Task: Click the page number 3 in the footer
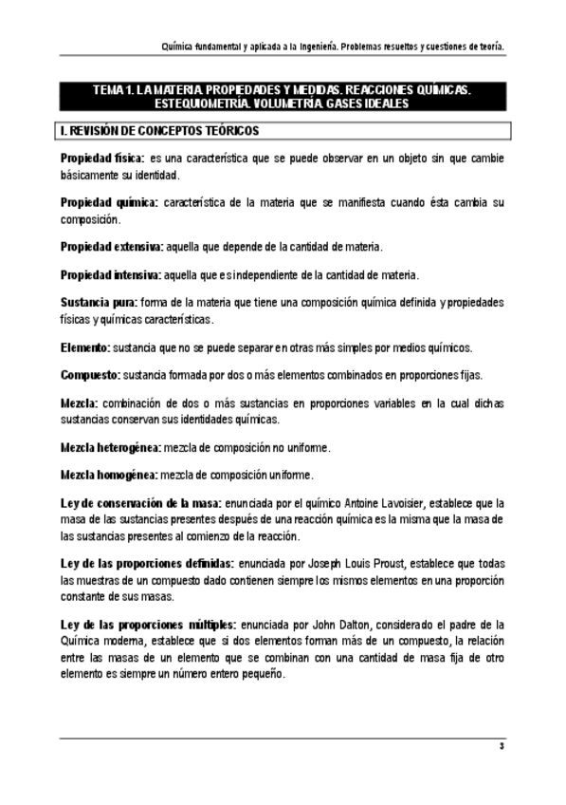click(501, 747)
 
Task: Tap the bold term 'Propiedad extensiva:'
click(112, 247)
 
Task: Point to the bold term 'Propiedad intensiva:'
click(111, 275)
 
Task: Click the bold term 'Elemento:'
click(84, 347)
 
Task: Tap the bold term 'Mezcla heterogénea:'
click(111, 447)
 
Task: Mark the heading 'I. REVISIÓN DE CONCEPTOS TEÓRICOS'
click(160, 130)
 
